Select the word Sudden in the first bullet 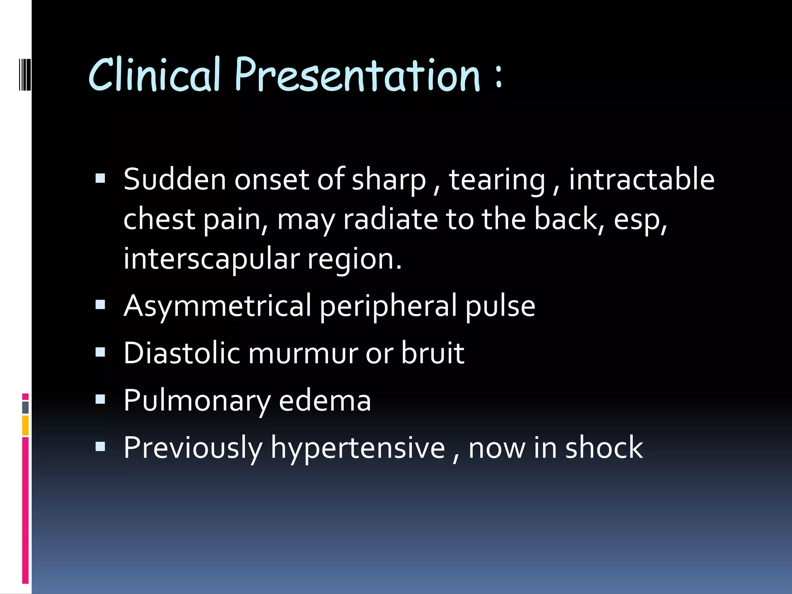pyautogui.click(x=174, y=179)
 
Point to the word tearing pyautogui.click(x=497, y=180)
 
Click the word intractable pyautogui.click(x=642, y=179)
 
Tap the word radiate pyautogui.click(x=391, y=219)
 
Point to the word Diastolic pyautogui.click(x=181, y=353)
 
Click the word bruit pyautogui.click(x=432, y=353)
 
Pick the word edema pyautogui.click(x=325, y=400)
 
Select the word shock pyautogui.click(x=604, y=447)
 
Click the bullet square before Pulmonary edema pyautogui.click(x=101, y=399)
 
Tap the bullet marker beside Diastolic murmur pyautogui.click(x=101, y=352)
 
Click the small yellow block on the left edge pyautogui.click(x=26, y=425)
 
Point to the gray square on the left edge pyautogui.click(x=26, y=407)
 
